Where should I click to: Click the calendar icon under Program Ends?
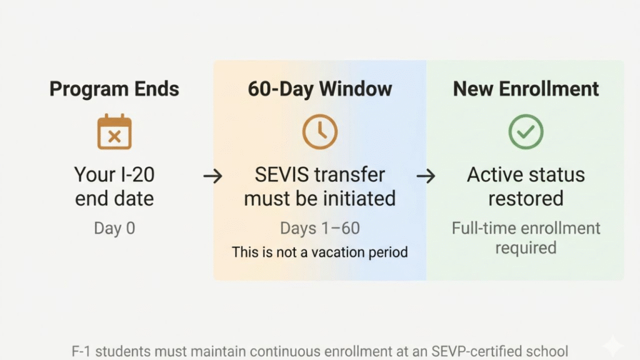pos(114,131)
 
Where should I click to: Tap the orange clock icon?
pos(320,131)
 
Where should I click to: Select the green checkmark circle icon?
pos(526,131)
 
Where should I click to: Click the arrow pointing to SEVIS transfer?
pos(212,176)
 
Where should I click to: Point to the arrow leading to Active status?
pos(426,176)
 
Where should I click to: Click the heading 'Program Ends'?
pos(114,89)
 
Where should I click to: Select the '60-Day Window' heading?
pos(320,89)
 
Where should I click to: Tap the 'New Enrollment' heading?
pos(526,89)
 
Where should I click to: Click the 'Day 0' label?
pos(114,228)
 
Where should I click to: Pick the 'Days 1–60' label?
pos(320,228)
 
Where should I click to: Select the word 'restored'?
pos(526,199)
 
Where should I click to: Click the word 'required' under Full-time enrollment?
pos(526,248)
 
